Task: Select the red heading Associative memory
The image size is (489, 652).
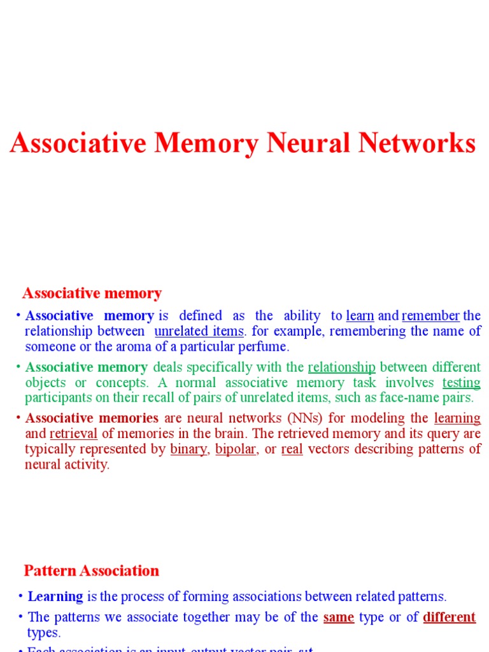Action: [x=92, y=294]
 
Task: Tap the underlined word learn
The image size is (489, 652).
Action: [x=360, y=316]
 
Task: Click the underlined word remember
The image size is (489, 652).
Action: [x=430, y=316]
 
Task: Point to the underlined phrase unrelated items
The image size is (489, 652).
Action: [x=199, y=332]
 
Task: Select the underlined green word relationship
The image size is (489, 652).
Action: [x=341, y=367]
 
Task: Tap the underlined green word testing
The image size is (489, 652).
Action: [x=461, y=383]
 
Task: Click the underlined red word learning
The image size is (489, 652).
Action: [x=457, y=418]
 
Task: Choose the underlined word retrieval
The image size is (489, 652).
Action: [x=73, y=434]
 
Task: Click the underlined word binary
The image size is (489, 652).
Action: [x=189, y=449]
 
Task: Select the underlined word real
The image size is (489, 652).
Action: [x=292, y=449]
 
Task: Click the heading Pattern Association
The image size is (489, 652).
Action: [x=92, y=570]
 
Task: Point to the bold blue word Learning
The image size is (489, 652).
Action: [x=55, y=597]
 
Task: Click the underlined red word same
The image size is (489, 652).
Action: [x=339, y=617]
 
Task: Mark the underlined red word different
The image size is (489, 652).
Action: [x=450, y=617]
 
